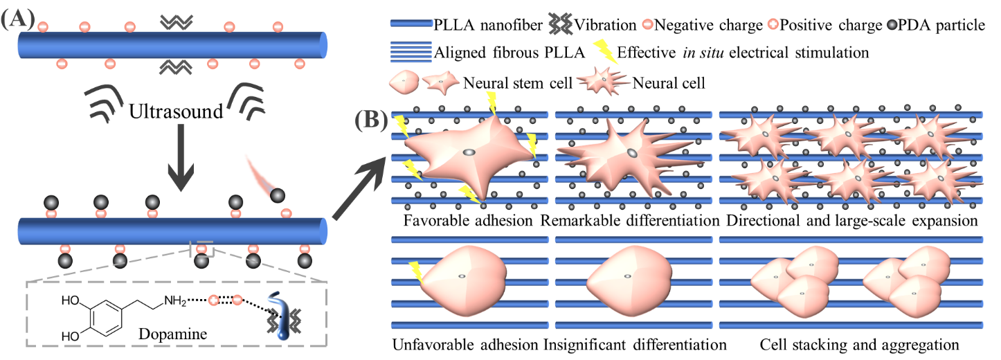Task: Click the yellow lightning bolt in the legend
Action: pyautogui.click(x=602, y=51)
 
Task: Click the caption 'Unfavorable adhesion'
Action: pyautogui.click(x=465, y=344)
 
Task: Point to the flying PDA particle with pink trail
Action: pyautogui.click(x=277, y=195)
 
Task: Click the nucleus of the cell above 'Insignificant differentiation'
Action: pyautogui.click(x=627, y=276)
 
